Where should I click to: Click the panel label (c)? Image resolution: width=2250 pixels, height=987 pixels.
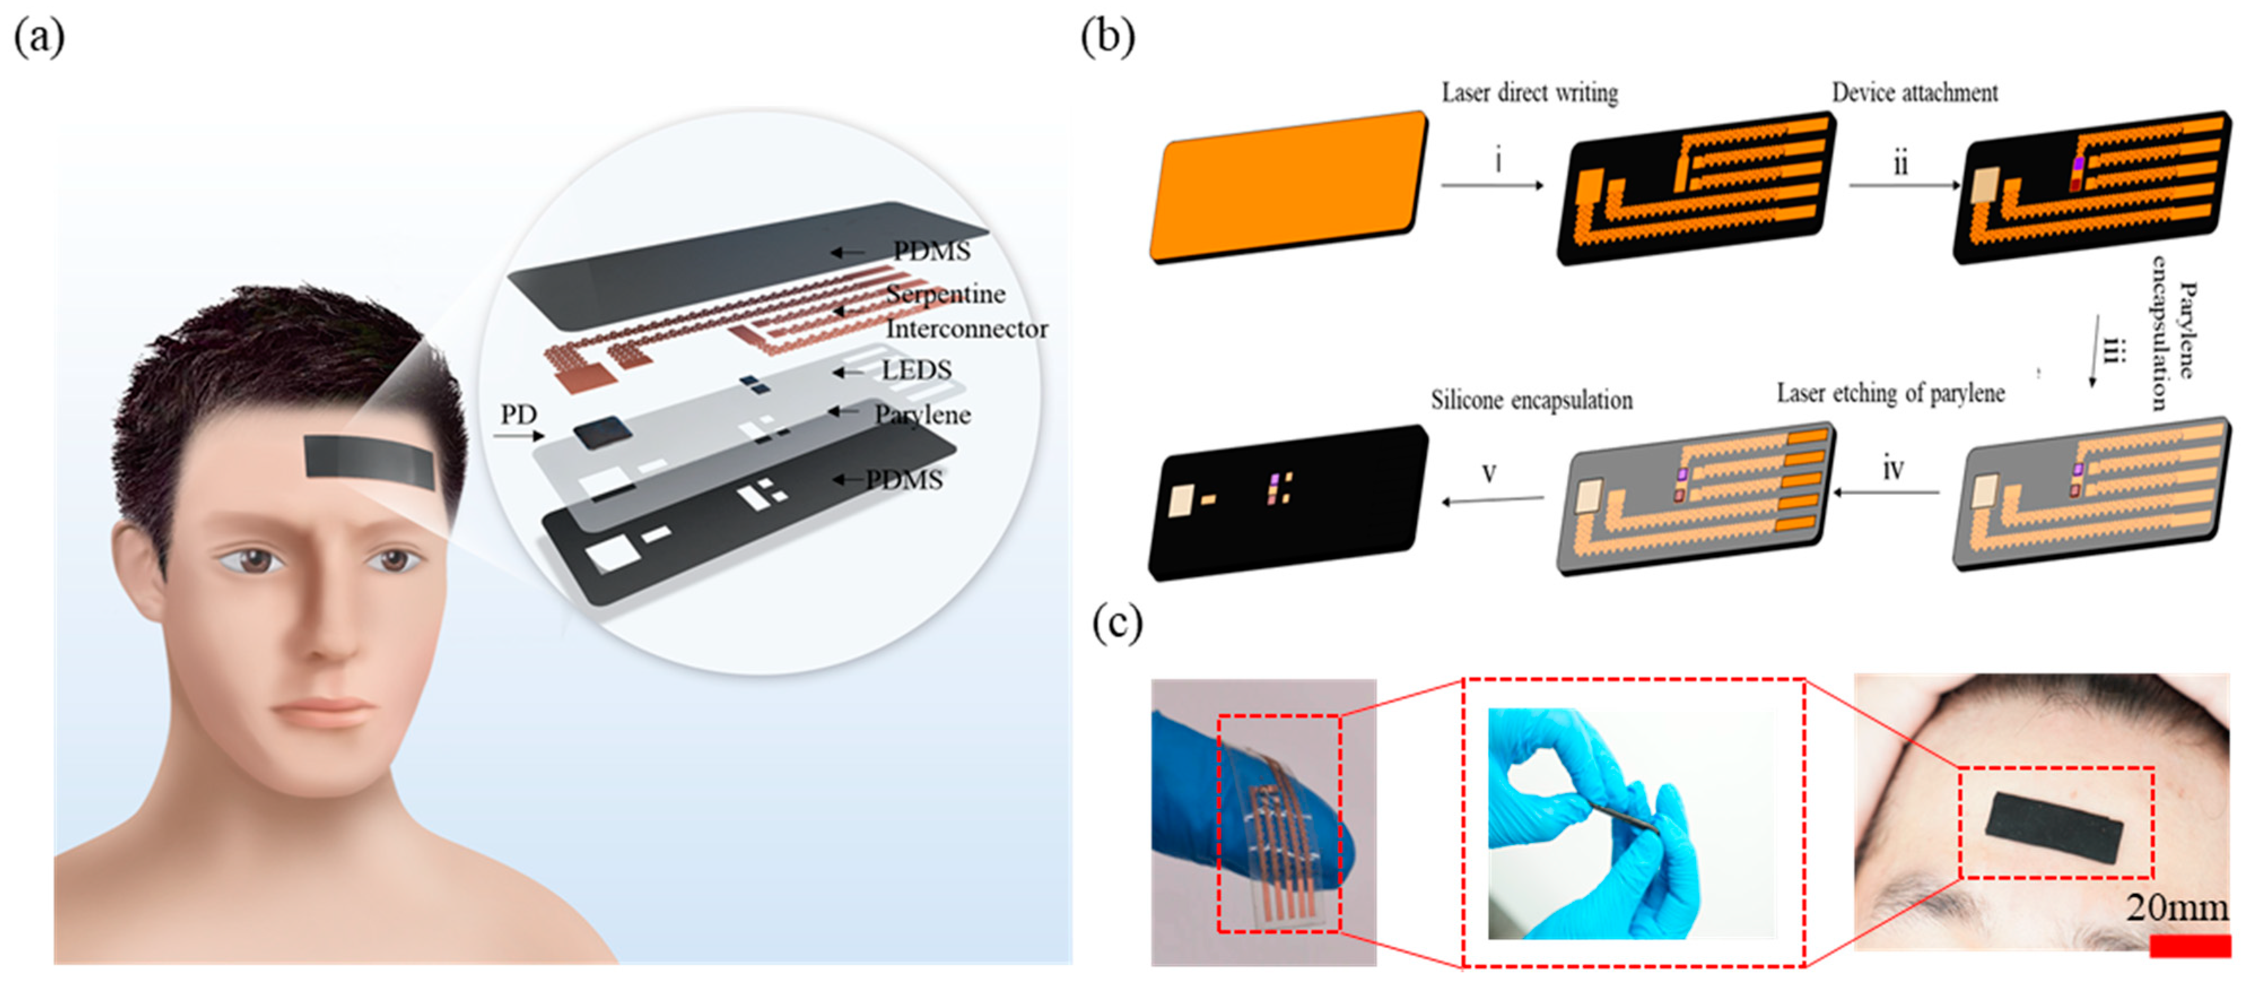coord(1117,624)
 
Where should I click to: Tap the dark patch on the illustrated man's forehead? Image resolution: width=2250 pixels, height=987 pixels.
coord(369,463)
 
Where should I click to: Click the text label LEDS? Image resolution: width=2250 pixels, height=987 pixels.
coord(915,371)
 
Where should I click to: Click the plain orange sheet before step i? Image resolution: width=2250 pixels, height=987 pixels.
coord(1288,186)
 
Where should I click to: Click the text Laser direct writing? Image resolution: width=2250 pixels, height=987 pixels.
coord(1529,93)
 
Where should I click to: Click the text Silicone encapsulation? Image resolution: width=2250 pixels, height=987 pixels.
coord(1530,400)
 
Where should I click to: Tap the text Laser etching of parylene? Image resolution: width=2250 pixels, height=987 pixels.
coord(1890,394)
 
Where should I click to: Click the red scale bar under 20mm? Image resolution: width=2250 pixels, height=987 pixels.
coord(2190,946)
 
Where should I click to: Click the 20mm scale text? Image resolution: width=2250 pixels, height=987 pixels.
coord(2176,908)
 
